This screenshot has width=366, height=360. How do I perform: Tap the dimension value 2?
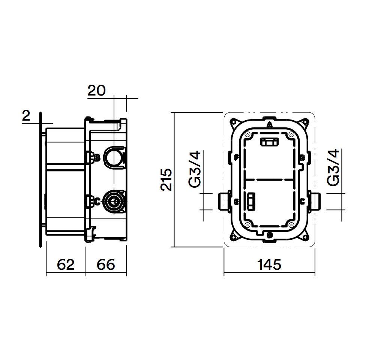26,116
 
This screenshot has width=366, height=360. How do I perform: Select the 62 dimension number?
66,264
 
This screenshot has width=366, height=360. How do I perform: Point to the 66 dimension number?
106,264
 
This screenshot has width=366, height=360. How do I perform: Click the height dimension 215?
166,179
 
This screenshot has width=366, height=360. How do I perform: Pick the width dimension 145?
269,264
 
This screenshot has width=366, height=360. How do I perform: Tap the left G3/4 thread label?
195,169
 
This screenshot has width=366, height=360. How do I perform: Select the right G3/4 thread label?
333,167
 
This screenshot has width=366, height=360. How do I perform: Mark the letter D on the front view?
270,235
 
